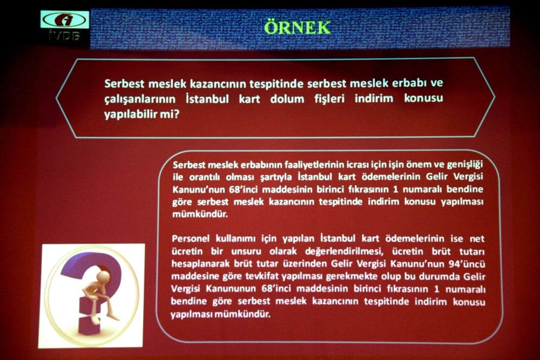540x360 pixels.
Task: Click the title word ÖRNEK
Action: pos(298,27)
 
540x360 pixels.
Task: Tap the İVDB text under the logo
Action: pos(64,37)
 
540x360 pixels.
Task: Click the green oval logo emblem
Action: pos(64,20)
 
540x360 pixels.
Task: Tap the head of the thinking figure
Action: pos(103,276)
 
